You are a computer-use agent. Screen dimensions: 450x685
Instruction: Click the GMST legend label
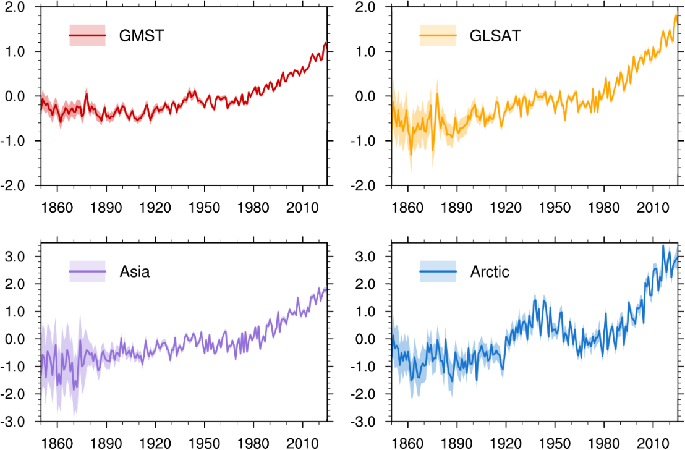click(x=142, y=35)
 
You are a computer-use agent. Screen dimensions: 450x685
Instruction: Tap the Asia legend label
click(x=134, y=271)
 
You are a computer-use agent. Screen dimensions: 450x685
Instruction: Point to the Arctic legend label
click(x=490, y=271)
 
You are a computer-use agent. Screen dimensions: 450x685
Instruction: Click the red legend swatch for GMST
click(x=87, y=35)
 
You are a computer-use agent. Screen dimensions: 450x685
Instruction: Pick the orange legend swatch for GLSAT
click(x=438, y=35)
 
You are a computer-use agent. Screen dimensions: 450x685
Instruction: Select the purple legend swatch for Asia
click(x=87, y=271)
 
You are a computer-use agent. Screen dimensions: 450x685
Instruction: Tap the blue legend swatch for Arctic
click(x=438, y=271)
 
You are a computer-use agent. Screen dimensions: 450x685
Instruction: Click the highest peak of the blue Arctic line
click(x=663, y=245)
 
